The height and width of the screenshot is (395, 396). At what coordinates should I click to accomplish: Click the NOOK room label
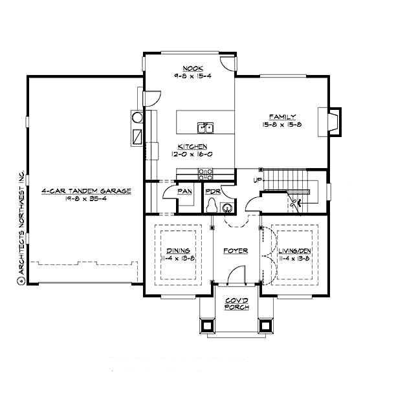(189, 68)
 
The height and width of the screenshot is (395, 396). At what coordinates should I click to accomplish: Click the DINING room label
(178, 251)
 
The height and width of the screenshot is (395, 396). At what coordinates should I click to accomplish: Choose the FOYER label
(236, 251)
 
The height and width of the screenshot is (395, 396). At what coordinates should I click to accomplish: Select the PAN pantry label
(184, 191)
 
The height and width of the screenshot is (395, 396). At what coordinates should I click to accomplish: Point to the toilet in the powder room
(212, 205)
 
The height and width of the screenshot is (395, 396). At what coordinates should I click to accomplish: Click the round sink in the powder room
(226, 208)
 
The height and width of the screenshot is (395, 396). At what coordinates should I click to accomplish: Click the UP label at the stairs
(258, 180)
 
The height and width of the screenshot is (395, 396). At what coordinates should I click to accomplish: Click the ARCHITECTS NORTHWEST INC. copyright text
(21, 226)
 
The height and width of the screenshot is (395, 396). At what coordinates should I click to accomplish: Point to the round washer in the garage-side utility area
(137, 118)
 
